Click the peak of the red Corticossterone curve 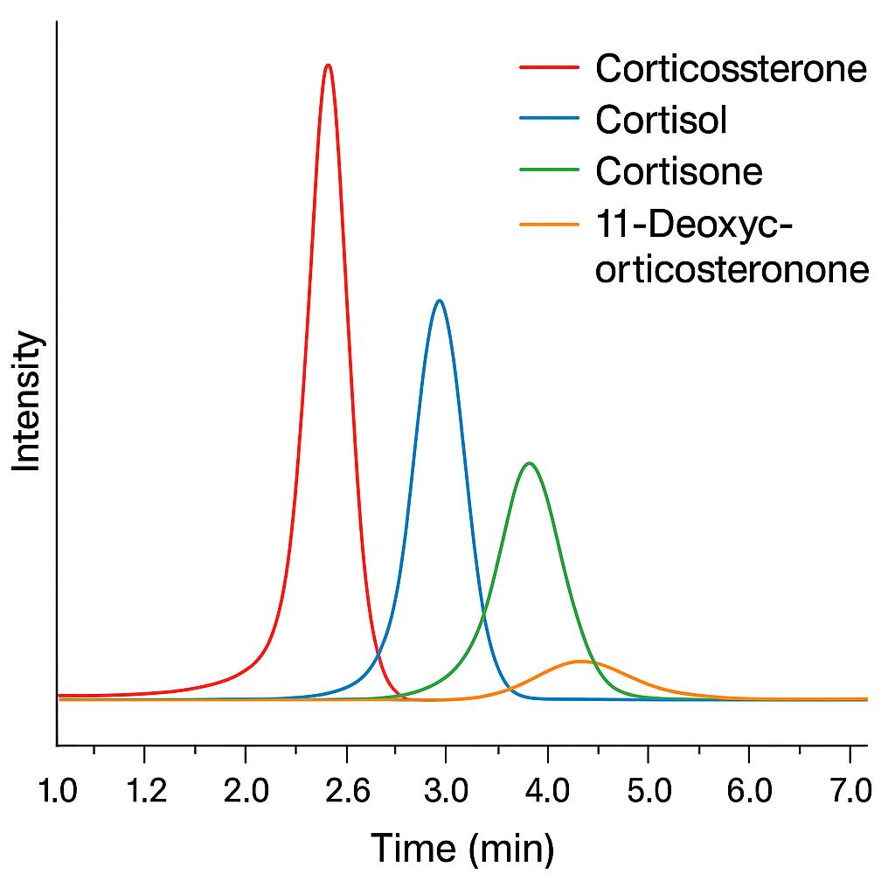pos(328,66)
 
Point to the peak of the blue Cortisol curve pos(440,301)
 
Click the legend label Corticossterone pos(731,68)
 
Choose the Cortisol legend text pos(661,120)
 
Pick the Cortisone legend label pos(678,170)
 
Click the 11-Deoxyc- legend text pos(694,223)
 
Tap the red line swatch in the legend pos(549,66)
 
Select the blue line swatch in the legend pos(549,119)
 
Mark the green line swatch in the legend pos(549,170)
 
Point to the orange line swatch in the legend pos(549,223)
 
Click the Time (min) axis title pos(462,848)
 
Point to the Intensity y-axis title pos(27,401)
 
